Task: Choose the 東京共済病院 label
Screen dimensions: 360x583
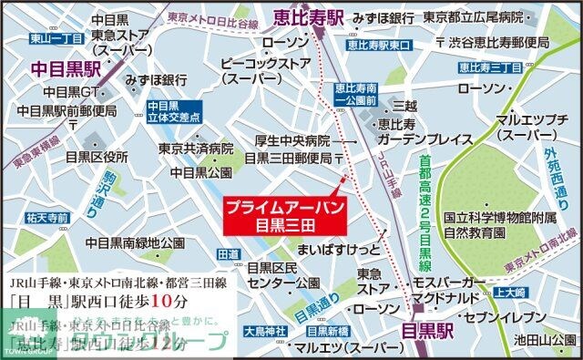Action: coord(196,148)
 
